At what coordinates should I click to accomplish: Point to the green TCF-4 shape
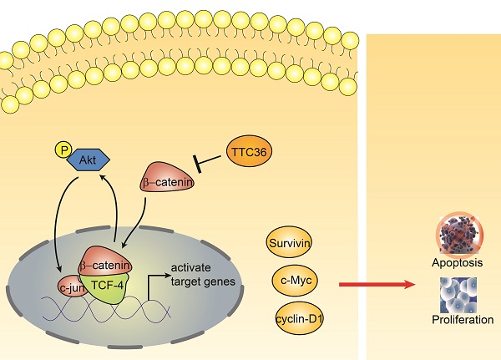coord(107,284)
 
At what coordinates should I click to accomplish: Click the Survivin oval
coord(288,243)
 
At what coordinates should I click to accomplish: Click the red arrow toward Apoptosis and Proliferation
coord(375,286)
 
